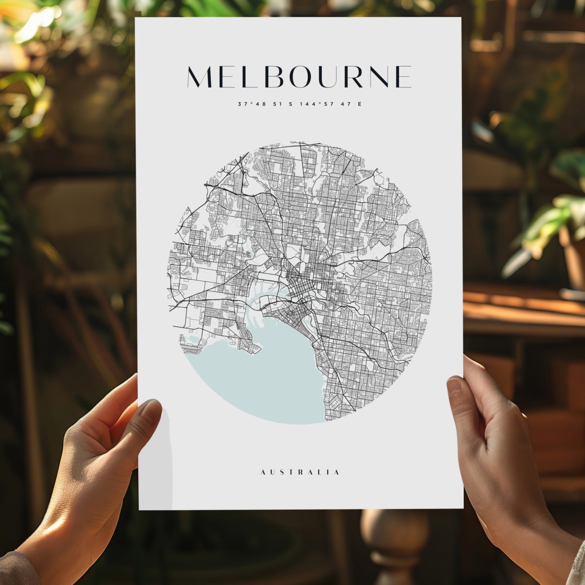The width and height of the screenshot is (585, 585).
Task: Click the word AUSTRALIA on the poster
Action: point(300,472)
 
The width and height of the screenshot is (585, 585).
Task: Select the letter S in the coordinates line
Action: point(290,104)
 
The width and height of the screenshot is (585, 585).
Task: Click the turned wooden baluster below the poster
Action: point(394,546)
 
